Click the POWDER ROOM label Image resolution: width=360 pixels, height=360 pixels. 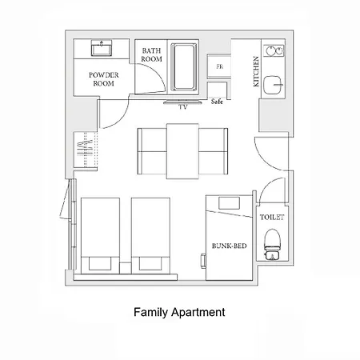click(x=104, y=79)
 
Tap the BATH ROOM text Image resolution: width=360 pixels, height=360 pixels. click(x=151, y=54)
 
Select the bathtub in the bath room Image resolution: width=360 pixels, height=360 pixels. click(x=184, y=67)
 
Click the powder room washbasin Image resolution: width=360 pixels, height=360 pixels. click(x=102, y=48)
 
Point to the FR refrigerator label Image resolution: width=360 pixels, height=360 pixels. click(x=220, y=66)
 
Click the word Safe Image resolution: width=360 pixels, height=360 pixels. click(x=217, y=102)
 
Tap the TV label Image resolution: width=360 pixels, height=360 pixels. click(x=183, y=107)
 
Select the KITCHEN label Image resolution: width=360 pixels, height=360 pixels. click(x=256, y=71)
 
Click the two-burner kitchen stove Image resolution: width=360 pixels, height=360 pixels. click(x=274, y=50)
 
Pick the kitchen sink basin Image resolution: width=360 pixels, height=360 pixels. click(x=273, y=85)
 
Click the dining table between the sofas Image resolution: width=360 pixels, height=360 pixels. click(x=182, y=151)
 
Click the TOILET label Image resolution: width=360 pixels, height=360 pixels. click(x=272, y=217)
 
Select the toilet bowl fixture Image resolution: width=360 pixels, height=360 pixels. click(x=272, y=244)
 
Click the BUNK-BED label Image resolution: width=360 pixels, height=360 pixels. click(x=230, y=246)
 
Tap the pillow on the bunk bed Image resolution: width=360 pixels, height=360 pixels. click(x=229, y=203)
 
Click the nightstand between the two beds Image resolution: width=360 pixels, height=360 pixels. click(x=126, y=268)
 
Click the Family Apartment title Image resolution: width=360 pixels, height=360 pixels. click(x=179, y=312)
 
